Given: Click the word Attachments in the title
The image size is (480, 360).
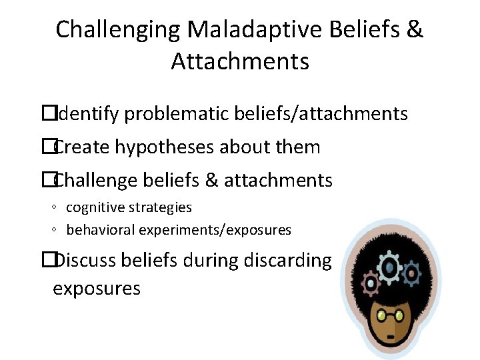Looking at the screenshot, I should point(240,62).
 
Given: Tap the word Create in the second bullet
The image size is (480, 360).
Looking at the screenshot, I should point(82,147).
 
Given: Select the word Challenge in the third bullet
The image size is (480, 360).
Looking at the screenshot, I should point(98,180).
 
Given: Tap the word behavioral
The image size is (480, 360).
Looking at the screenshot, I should point(100,230).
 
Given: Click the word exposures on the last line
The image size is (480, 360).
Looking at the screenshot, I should point(97,289).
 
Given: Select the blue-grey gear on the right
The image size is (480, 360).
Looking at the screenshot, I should point(411,273).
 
